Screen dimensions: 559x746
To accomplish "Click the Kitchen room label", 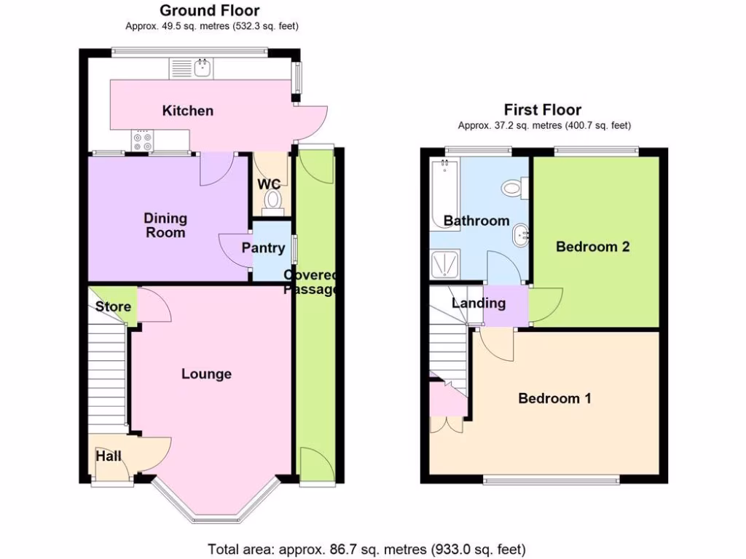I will click(188, 111).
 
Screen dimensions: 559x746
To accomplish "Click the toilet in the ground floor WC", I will click(273, 199).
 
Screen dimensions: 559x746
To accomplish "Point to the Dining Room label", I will click(165, 226).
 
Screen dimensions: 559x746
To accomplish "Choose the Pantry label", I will click(263, 248).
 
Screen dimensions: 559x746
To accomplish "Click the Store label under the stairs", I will click(113, 306).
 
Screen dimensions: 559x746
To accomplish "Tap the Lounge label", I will click(206, 374).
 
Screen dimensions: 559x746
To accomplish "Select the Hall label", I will click(109, 456).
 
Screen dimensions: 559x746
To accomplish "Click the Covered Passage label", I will click(312, 282).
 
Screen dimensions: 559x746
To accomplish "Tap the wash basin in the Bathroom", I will click(520, 235).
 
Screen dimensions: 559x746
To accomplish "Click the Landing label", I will click(479, 303).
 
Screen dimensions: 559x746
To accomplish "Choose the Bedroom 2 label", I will click(592, 247).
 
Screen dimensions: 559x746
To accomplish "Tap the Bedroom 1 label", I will click(554, 398).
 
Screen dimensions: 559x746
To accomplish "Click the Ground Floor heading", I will click(209, 10).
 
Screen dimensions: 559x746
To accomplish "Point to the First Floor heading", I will click(543, 110).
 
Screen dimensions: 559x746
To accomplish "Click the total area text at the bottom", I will click(366, 549).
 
